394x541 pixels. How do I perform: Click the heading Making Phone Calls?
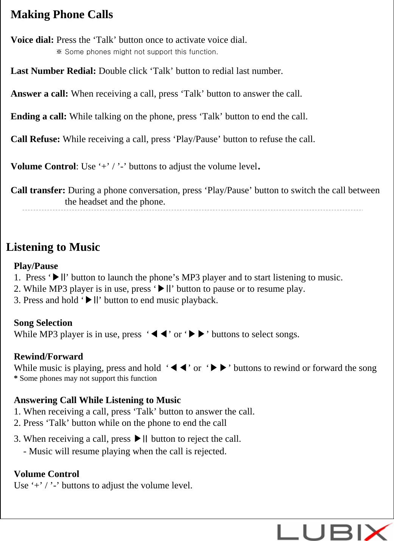click(x=62, y=15)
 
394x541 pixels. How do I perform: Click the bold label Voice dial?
click(x=32, y=40)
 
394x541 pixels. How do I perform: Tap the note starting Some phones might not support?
click(x=137, y=52)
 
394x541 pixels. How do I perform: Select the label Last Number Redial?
click(x=53, y=71)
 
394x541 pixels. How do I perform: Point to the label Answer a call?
click(x=39, y=94)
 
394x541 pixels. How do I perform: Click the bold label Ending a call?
click(x=39, y=117)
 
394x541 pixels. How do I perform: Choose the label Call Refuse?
click(x=35, y=139)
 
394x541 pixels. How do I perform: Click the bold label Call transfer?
click(x=38, y=191)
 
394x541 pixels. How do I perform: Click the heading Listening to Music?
click(x=53, y=247)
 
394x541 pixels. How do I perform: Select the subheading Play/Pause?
click(x=36, y=266)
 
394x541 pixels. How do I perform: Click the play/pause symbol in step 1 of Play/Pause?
click(x=60, y=278)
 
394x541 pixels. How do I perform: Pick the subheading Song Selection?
click(x=43, y=323)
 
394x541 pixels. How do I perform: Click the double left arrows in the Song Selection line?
click(x=159, y=335)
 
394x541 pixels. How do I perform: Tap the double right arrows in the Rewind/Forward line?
click(x=219, y=368)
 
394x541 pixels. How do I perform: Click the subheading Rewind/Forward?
click(x=48, y=357)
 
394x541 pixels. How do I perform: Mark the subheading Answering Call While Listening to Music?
click(x=97, y=400)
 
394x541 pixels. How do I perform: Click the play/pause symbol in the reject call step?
click(x=141, y=439)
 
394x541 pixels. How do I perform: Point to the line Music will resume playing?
click(x=125, y=452)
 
